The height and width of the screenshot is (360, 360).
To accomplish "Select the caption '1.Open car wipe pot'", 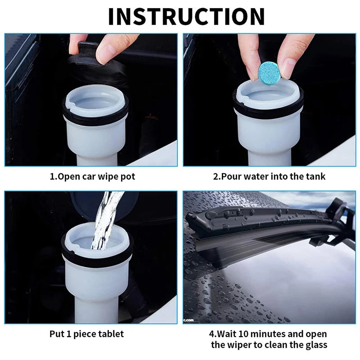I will [x=92, y=176].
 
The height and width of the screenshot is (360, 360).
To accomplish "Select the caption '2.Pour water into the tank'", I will [x=269, y=176].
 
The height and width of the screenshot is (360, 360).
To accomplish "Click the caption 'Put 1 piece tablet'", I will [x=86, y=334].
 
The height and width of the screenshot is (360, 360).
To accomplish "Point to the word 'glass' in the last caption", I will [x=317, y=345].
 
